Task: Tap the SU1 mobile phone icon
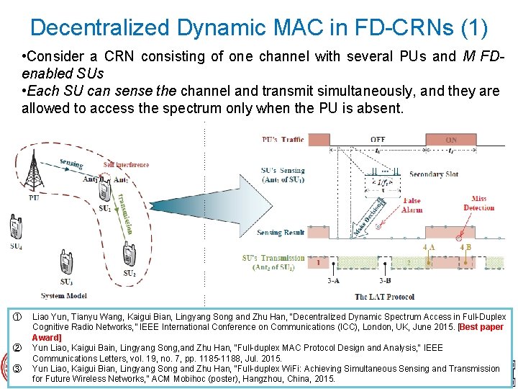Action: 105,191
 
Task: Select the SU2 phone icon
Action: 128,254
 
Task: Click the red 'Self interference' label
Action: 126,165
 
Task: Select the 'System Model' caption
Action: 63,295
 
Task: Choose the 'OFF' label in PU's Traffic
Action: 377,139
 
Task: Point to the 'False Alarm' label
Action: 412,205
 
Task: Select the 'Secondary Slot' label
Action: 433,174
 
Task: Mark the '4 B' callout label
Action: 466,247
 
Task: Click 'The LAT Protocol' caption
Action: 385,296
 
